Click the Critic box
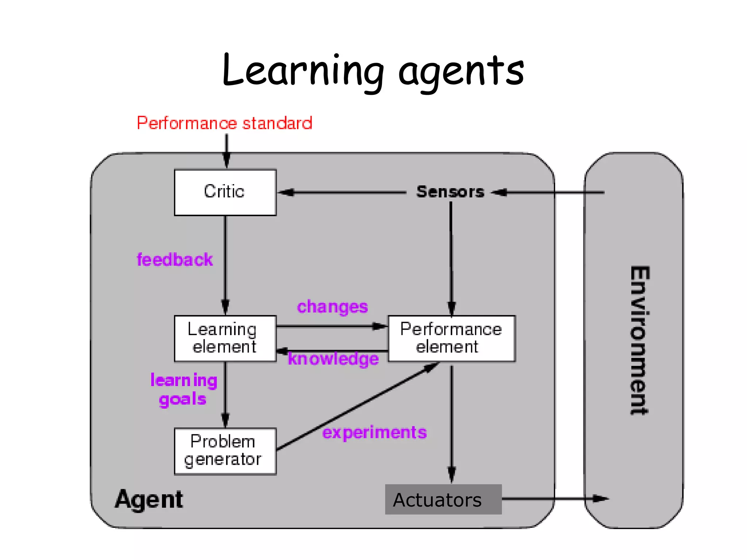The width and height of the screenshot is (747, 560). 225,192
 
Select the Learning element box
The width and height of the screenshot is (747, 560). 225,338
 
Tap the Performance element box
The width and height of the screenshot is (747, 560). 451,338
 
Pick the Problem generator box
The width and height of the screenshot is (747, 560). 225,451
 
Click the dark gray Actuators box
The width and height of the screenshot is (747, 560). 443,499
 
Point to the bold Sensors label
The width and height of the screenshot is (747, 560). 450,192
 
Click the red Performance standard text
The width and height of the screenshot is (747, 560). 224,123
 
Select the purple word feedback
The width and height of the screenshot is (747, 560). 174,260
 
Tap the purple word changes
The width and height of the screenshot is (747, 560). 332,307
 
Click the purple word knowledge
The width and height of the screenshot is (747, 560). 333,359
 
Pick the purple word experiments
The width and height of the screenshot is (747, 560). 374,433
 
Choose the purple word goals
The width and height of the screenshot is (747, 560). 182,399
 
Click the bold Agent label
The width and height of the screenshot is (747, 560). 149,499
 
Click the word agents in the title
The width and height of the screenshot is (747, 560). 461,71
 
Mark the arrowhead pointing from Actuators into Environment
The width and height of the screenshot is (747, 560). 600,498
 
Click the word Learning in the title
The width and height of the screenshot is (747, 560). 303,71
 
